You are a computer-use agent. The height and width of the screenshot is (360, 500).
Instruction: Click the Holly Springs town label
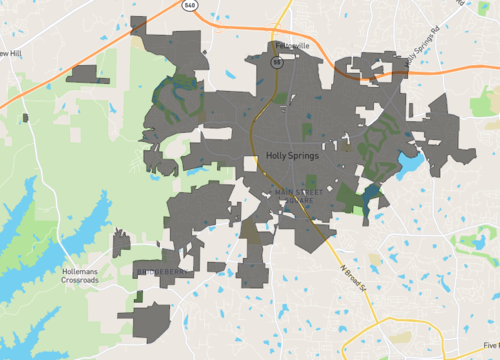294,156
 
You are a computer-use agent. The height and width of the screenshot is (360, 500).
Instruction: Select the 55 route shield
284,59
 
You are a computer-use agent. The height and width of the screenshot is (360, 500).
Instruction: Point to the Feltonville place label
291,45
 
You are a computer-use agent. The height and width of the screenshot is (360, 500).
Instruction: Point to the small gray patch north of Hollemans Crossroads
121,243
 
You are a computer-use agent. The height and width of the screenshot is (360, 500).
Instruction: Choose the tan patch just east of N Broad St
374,259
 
